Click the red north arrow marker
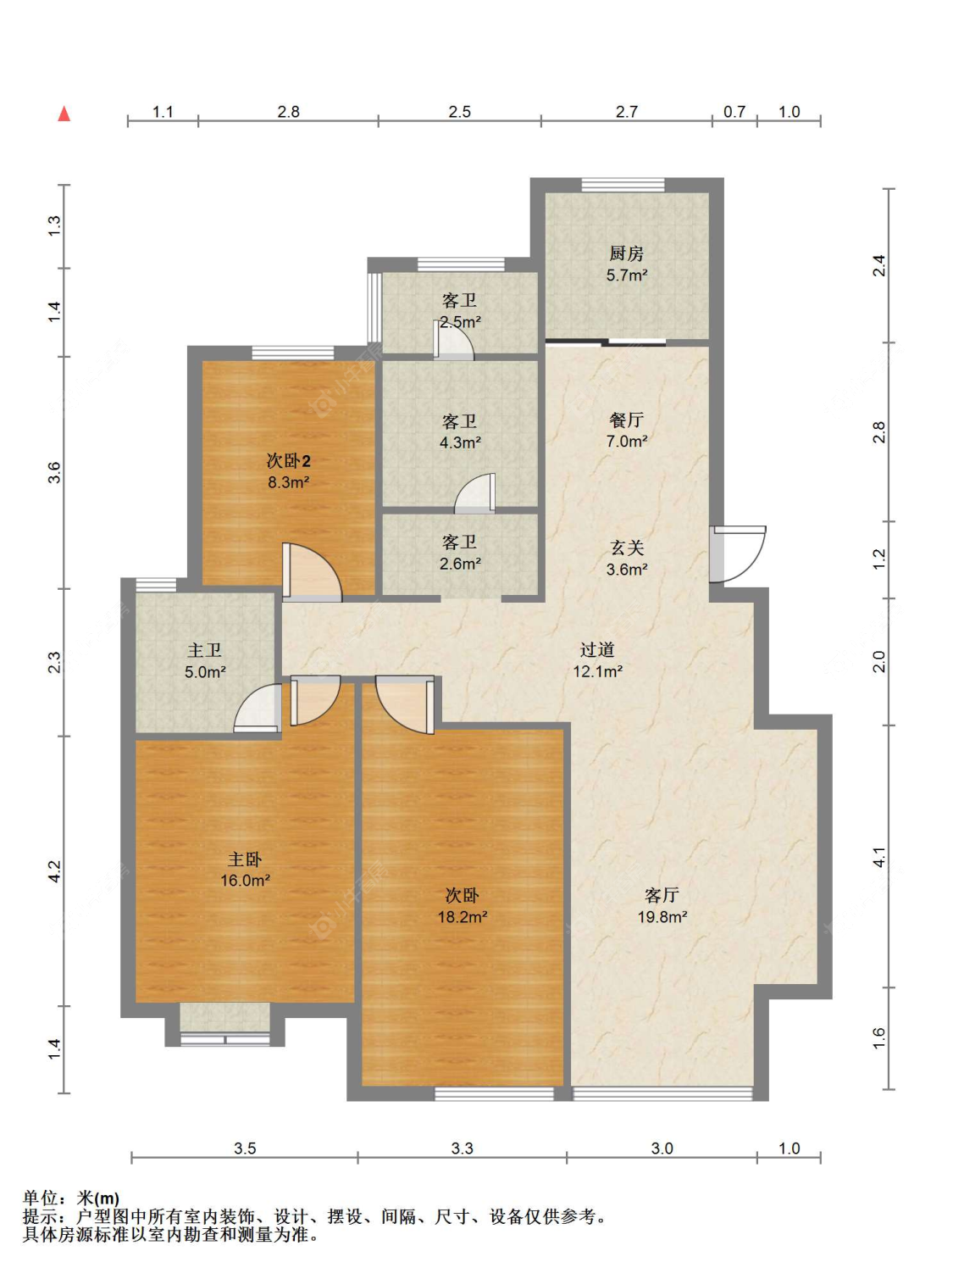(x=64, y=114)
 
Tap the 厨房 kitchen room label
(x=626, y=254)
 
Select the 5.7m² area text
(x=627, y=275)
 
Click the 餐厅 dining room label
(x=626, y=420)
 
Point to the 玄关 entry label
(x=627, y=548)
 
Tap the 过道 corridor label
(x=597, y=650)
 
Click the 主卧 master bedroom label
(x=245, y=860)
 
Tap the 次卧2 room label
(x=289, y=461)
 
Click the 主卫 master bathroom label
(x=204, y=650)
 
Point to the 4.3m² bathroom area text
(x=460, y=442)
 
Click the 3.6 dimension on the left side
(x=54, y=473)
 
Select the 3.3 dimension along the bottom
(x=463, y=1148)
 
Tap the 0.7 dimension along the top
(x=734, y=111)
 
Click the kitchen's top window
(x=623, y=185)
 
